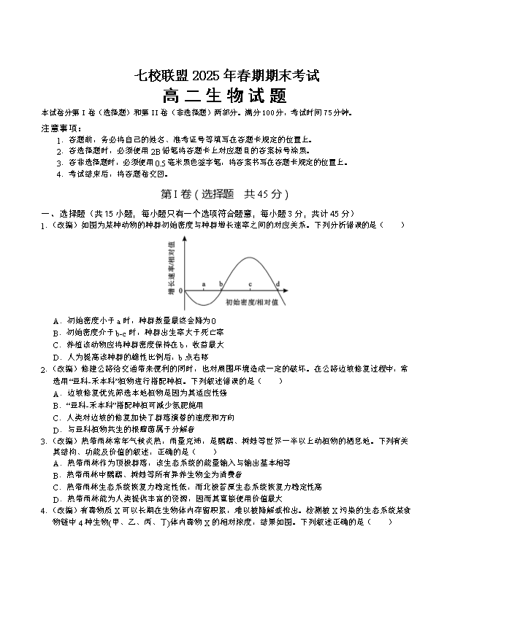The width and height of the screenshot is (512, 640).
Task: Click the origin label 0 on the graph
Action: [x=180, y=290]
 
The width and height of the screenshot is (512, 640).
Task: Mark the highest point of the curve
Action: [x=250, y=258]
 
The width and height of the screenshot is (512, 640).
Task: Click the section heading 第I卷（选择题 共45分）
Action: [x=224, y=194]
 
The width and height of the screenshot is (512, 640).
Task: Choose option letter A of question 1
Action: [x=56, y=320]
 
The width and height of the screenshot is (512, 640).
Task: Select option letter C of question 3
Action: [x=56, y=487]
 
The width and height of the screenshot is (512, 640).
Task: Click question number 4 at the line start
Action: [x=44, y=510]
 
